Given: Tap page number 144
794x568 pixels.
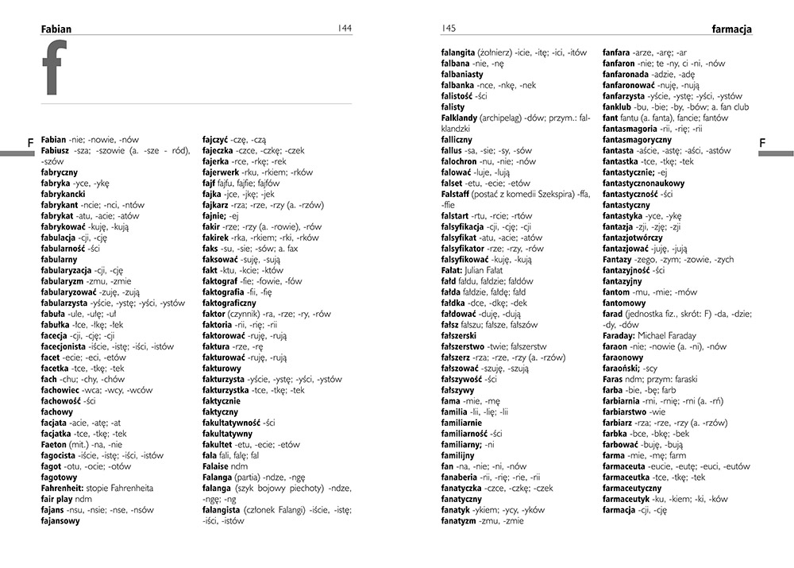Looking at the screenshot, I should coord(344,29).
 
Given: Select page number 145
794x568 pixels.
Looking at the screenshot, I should coord(449,29).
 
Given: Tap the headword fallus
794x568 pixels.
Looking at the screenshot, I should coord(453,149).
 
